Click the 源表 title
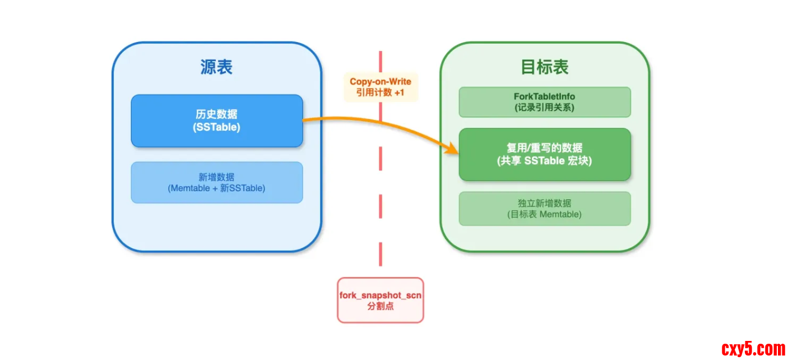216,67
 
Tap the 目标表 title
544,67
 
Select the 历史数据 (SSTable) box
216,121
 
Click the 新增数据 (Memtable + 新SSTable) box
216,182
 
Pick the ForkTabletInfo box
544,101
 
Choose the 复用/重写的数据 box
544,154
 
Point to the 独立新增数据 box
544,209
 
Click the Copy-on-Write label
381,82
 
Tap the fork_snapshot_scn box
380,300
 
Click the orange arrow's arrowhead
453,149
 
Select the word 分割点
380,307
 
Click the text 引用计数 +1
380,93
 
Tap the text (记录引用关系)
544,108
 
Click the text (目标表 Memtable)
544,215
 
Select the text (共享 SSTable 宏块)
544,161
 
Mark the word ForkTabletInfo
544,96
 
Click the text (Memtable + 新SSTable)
216,188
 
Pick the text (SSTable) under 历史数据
216,127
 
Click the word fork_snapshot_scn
380,295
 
